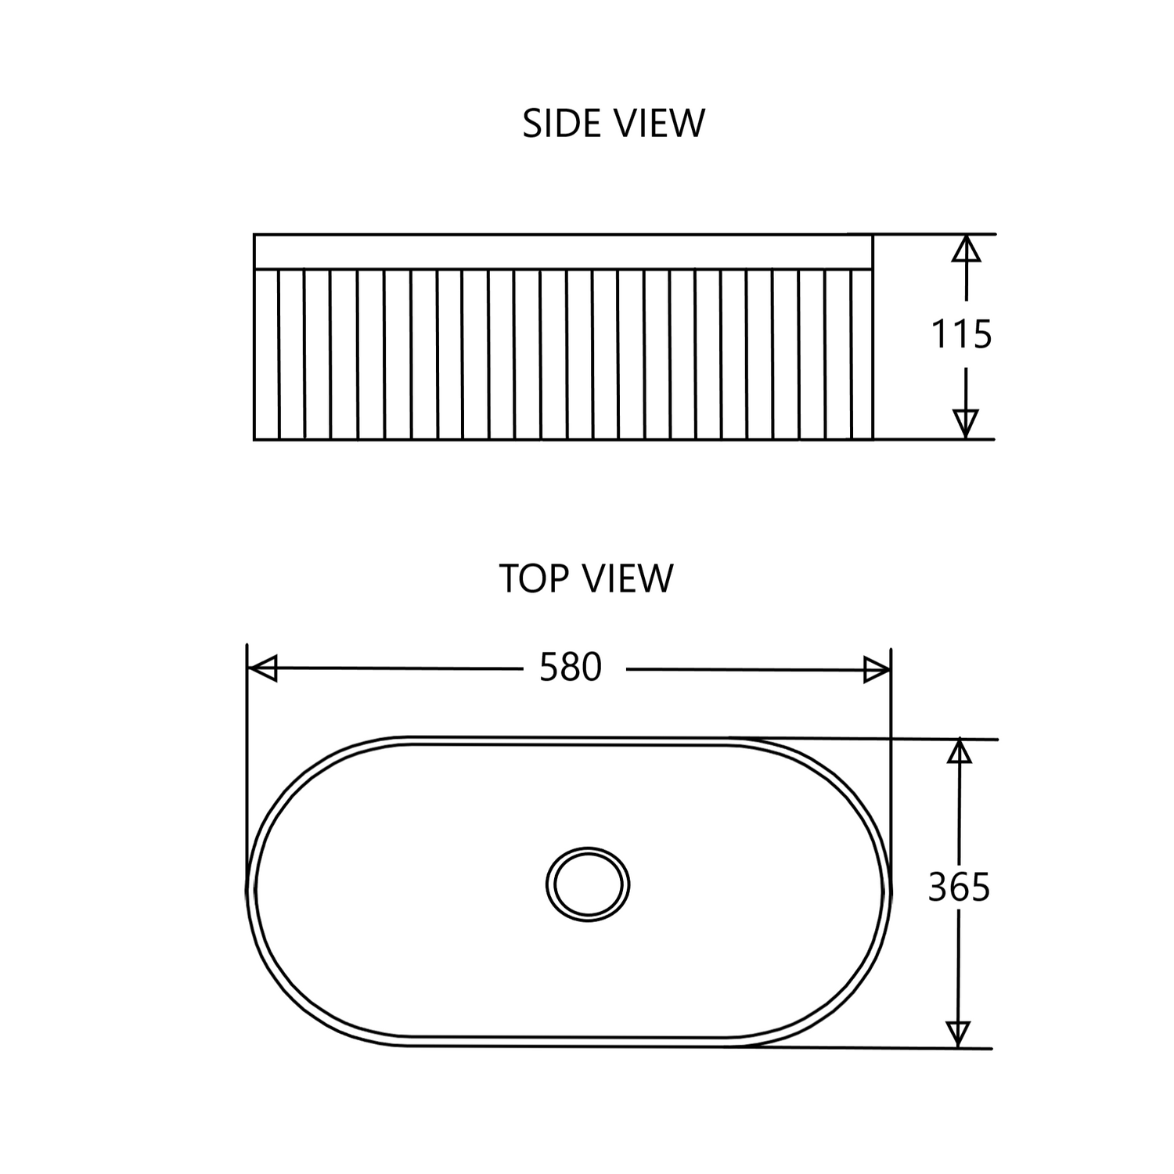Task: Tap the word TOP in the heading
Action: point(532,578)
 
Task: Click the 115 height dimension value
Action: point(961,334)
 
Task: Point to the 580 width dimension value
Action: point(571,668)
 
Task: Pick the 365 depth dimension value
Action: point(959,888)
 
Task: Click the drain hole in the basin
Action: point(588,884)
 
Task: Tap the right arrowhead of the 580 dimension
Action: point(877,670)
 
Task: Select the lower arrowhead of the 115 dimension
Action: point(967,423)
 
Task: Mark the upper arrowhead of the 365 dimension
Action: point(959,751)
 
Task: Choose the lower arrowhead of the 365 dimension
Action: point(958,1033)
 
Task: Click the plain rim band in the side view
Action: point(564,251)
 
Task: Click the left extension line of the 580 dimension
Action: point(247,704)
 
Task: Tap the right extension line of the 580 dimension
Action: point(891,704)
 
